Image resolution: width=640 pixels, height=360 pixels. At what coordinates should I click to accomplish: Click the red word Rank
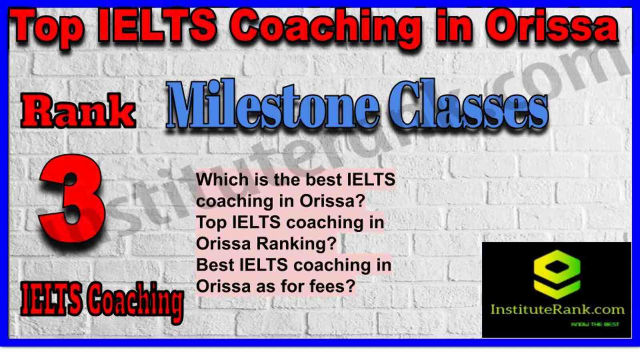pos(78,110)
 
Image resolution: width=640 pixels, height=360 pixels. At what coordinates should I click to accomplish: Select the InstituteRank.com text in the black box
pos(558,310)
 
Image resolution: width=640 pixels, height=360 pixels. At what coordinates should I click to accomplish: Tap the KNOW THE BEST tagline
pos(595,324)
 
